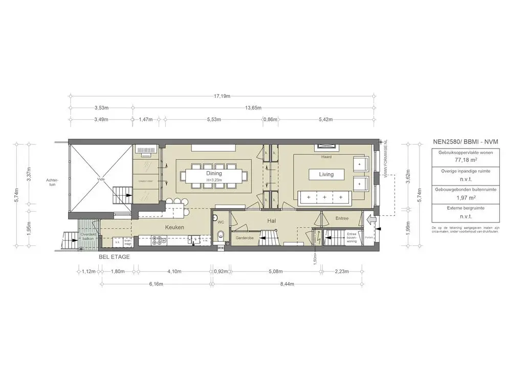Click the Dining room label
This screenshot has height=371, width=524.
[x=214, y=173]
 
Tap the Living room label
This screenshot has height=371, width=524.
[x=326, y=174]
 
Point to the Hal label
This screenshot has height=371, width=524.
[x=272, y=220]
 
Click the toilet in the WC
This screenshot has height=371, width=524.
[x=221, y=236]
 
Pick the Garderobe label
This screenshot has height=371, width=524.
[x=244, y=238]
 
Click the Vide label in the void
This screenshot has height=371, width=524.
[x=101, y=179]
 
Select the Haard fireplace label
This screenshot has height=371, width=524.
[x=326, y=157]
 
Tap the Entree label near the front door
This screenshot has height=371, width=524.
[x=341, y=218]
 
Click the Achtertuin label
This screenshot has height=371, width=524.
[x=52, y=182]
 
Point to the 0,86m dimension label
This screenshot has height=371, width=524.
[x=270, y=119]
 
